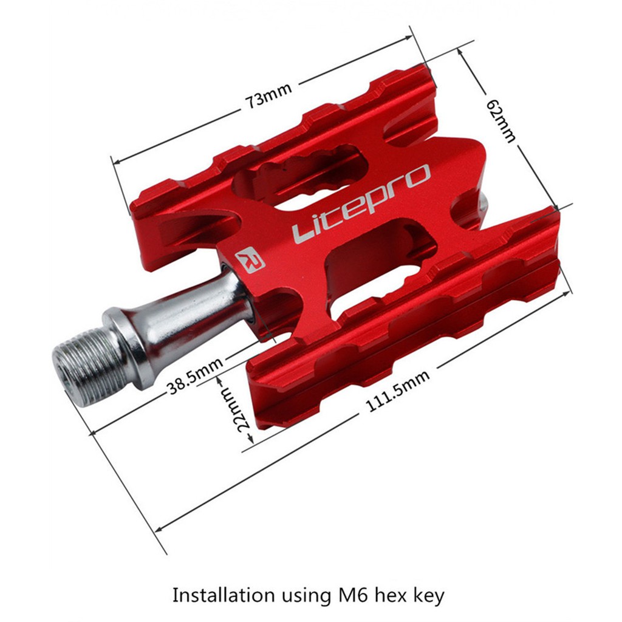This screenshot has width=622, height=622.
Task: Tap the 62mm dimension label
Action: tap(501, 120)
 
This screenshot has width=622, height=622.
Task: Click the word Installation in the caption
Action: tap(222, 594)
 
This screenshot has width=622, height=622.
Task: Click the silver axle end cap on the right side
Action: tap(483, 204)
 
